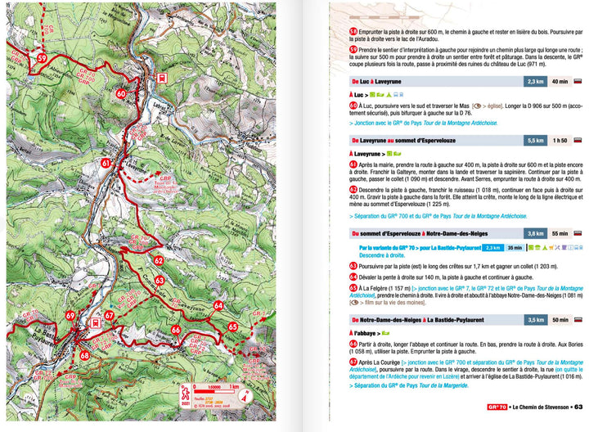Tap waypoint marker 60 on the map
(x=121, y=93)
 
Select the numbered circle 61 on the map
(x=106, y=163)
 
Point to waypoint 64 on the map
(x=219, y=305)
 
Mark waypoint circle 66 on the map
(x=176, y=329)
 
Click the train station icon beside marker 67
(x=97, y=322)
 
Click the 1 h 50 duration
(x=560, y=141)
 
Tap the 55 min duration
(x=560, y=233)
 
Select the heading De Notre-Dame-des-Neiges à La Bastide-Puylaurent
(x=434, y=320)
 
